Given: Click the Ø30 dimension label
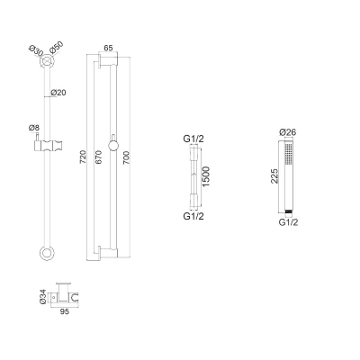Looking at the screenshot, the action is pyautogui.click(x=36, y=50).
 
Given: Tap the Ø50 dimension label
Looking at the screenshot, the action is pyautogui.click(x=57, y=48).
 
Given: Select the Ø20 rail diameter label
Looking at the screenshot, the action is pyautogui.click(x=58, y=93).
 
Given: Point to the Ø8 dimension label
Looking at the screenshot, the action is pyautogui.click(x=34, y=128).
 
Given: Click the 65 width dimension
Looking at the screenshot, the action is pyautogui.click(x=108, y=48).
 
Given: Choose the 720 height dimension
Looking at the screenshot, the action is pyautogui.click(x=83, y=157).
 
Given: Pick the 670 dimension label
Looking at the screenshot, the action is pyautogui.click(x=98, y=157).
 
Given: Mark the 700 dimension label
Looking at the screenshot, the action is pyautogui.click(x=126, y=158).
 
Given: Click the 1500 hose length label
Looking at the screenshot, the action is pyautogui.click(x=206, y=176).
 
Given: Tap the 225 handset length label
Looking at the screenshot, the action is pyautogui.click(x=274, y=176).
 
